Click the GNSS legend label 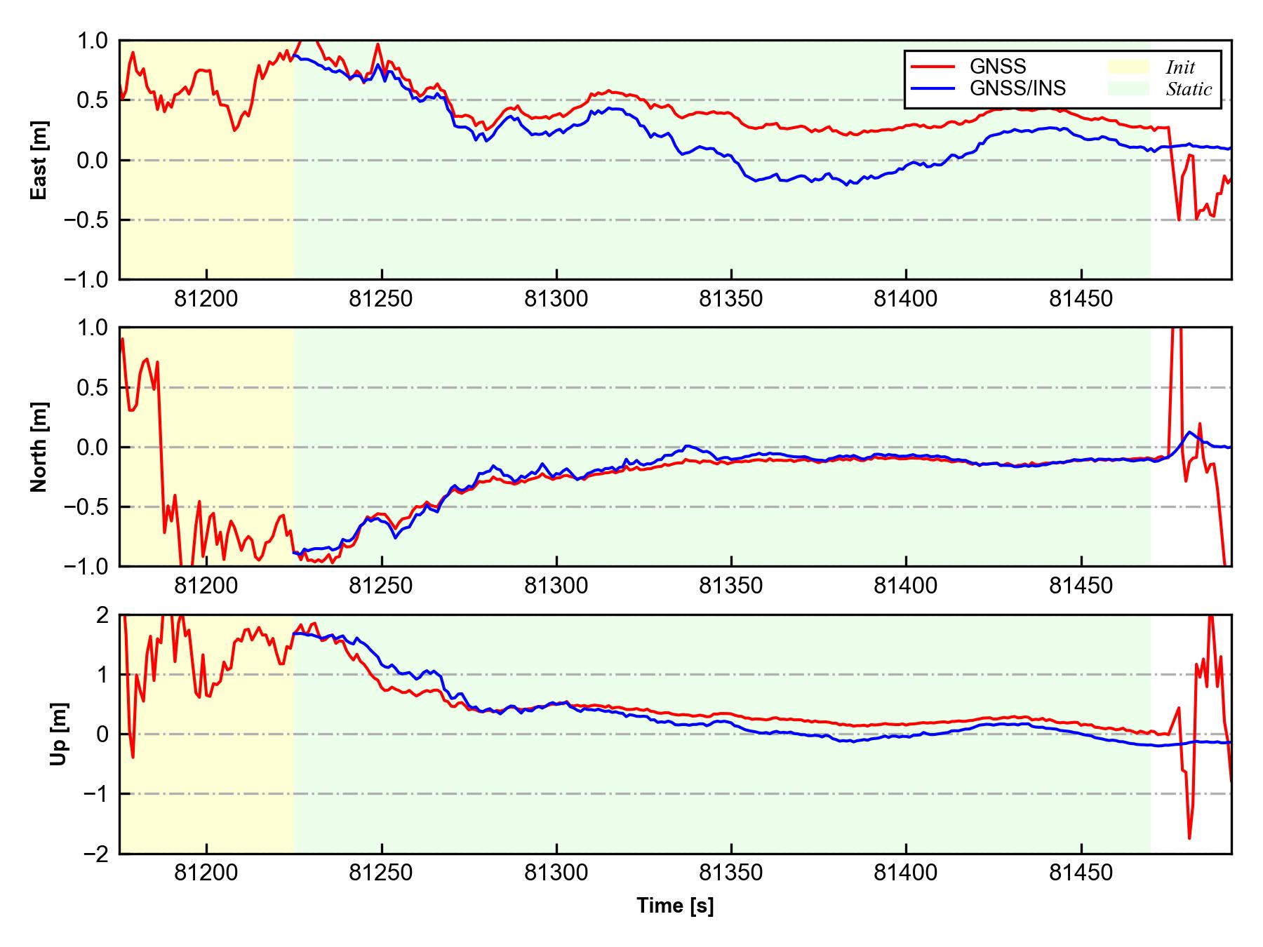point(997,67)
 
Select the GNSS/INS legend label point(1017,88)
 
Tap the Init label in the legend point(1180,67)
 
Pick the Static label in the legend point(1189,89)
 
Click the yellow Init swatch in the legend point(1128,67)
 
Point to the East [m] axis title point(40,160)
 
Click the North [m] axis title point(40,447)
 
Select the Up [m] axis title point(60,734)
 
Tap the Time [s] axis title point(675,906)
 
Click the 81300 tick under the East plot point(556,300)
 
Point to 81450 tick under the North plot point(1081,586)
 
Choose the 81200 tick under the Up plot point(206,873)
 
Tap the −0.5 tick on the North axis point(87,506)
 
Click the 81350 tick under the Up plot point(730,873)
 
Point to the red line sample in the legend point(933,67)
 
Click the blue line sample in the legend point(933,88)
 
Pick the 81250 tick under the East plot point(381,300)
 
